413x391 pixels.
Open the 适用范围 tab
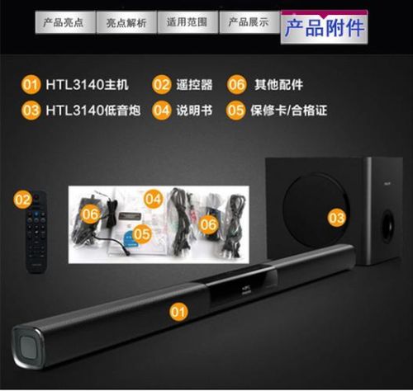click(x=188, y=21)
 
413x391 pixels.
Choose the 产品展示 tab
click(x=249, y=21)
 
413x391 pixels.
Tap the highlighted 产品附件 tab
click(x=324, y=27)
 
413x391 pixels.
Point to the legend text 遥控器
click(x=195, y=84)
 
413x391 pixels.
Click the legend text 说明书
click(x=195, y=109)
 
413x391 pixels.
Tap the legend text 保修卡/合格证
click(x=288, y=109)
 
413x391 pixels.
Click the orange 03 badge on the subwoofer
click(x=335, y=218)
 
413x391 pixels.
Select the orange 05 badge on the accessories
click(x=142, y=233)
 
